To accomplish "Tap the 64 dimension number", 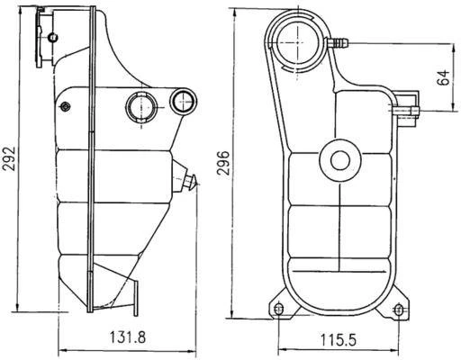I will coord(442,76).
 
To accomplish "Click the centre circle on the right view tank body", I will coord(339,161).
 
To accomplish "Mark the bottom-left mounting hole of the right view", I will coord(278,310).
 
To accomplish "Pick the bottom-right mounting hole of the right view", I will coord(398,310).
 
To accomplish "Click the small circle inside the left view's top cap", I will coord(53,36).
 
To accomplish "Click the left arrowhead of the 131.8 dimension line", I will coord(60,349).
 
